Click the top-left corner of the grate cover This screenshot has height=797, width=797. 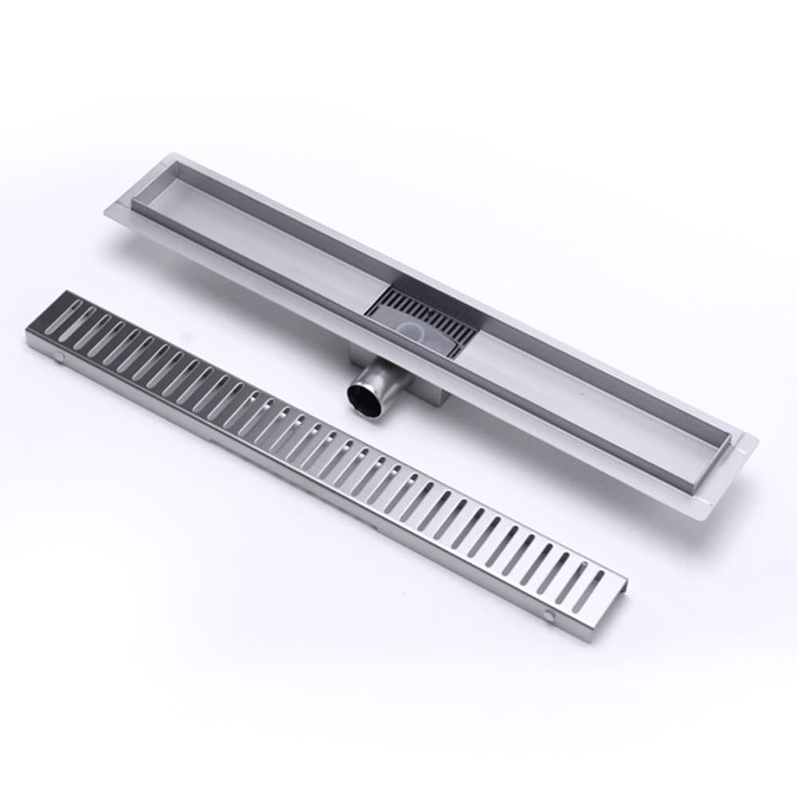tap(63, 292)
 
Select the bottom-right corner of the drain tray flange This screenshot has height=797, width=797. tap(705, 522)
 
